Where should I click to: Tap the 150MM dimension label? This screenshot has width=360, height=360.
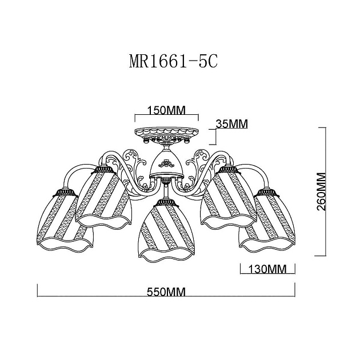pos(166,110)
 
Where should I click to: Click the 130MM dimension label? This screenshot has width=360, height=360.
pos(267,269)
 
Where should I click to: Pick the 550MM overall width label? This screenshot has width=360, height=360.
pos(167,291)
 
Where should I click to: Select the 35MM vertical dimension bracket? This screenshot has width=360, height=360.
pos(214,136)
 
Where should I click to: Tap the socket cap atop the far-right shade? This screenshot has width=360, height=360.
pos(267,192)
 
